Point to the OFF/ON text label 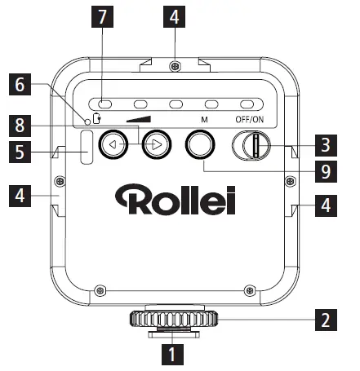point(251,119)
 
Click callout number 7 point(103,17)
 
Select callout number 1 point(171,355)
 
